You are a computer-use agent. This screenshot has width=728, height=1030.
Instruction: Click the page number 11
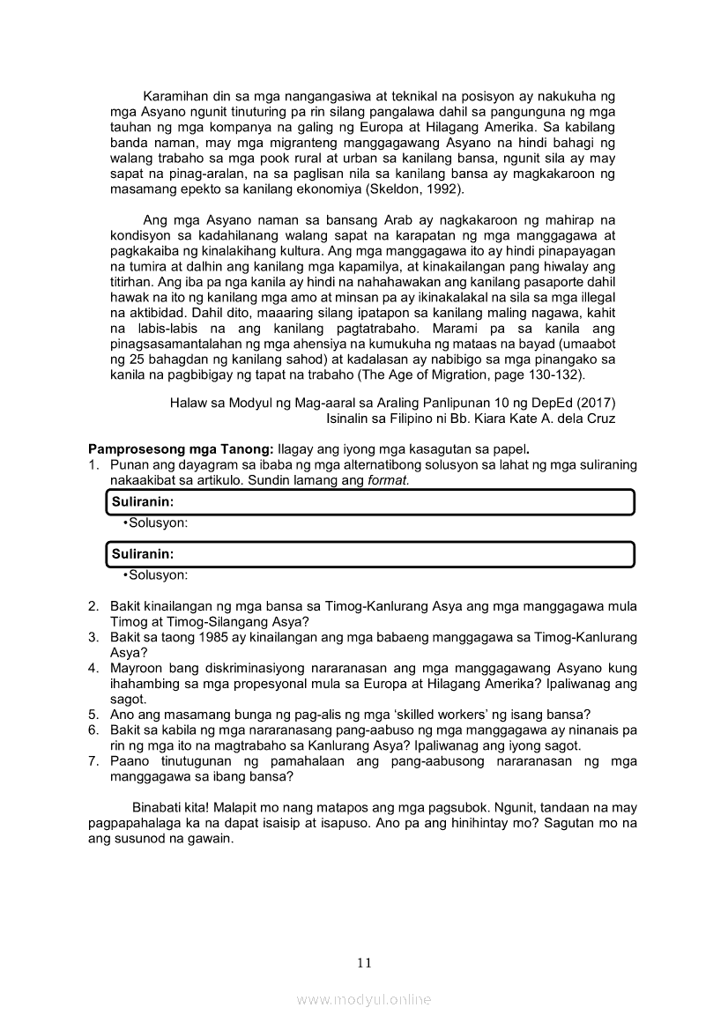click(x=364, y=962)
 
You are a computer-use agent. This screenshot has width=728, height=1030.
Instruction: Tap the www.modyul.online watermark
click(x=364, y=1000)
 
